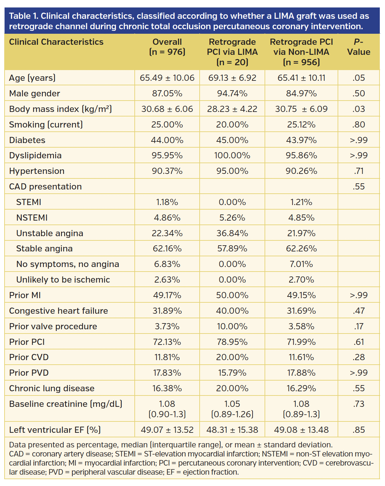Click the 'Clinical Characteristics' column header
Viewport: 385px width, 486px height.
click(x=56, y=42)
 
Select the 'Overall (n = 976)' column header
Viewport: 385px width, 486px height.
click(x=167, y=47)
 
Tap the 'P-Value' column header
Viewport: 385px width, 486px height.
click(x=358, y=47)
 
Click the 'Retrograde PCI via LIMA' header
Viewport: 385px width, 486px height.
click(x=232, y=52)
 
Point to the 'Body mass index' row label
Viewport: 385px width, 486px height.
click(x=60, y=109)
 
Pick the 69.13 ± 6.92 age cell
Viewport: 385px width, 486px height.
click(x=232, y=78)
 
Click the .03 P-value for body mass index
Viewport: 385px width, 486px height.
click(x=358, y=109)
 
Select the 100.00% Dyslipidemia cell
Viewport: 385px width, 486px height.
click(x=232, y=155)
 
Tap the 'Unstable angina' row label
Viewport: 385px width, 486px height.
click(x=50, y=233)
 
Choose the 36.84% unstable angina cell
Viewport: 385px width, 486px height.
click(x=232, y=233)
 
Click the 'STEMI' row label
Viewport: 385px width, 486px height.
click(x=29, y=202)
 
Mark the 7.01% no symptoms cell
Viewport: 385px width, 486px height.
click(x=301, y=264)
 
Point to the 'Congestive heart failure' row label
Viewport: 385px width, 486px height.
click(x=58, y=311)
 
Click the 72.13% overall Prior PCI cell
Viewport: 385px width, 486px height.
click(x=167, y=342)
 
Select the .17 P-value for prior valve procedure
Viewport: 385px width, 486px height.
click(x=358, y=326)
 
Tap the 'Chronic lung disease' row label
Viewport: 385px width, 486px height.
click(x=52, y=388)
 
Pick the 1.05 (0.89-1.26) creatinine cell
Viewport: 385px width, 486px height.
click(x=232, y=409)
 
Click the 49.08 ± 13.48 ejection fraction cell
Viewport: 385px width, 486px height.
click(x=301, y=430)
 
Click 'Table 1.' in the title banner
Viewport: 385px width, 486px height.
click(x=23, y=16)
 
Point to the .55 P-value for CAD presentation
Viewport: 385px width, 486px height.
click(x=358, y=187)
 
